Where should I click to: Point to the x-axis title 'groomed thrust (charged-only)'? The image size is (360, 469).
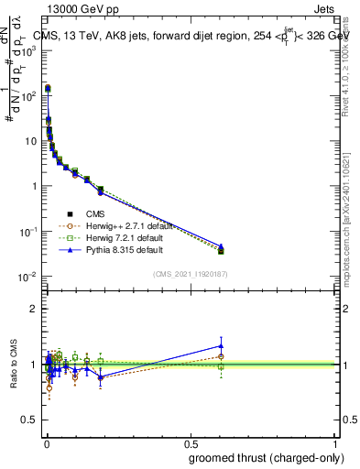pyautogui.click(x=265, y=457)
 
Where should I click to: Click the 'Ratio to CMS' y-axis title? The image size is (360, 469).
pyautogui.click(x=12, y=365)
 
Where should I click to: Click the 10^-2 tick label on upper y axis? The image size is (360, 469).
pyautogui.click(x=27, y=276)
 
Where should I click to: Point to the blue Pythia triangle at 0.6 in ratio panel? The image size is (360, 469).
pyautogui.click(x=220, y=346)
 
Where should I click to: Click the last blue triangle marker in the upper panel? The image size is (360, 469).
pyautogui.click(x=220, y=246)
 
